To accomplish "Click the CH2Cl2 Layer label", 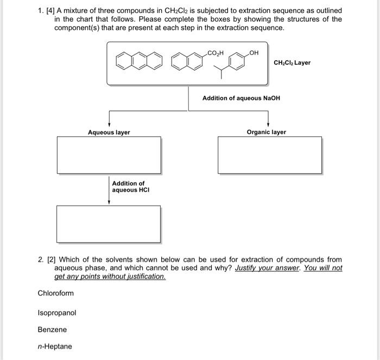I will [292, 63].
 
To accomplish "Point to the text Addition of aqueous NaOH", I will [241, 98].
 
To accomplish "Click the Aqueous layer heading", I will [109, 132].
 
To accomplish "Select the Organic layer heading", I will [266, 132].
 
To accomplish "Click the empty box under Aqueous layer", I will [109, 155].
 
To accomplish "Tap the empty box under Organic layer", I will [270, 155].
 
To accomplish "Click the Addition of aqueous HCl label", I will [129, 187].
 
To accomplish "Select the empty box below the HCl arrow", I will [109, 224].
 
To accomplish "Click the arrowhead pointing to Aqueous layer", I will [109, 124].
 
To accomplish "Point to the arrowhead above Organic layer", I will [268, 124].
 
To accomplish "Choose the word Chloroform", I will [55, 294].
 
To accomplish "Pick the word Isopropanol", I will [57, 313].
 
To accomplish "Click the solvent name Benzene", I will [52, 330].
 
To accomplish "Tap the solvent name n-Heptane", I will [55, 346].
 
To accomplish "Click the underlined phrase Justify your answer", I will [267, 268].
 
